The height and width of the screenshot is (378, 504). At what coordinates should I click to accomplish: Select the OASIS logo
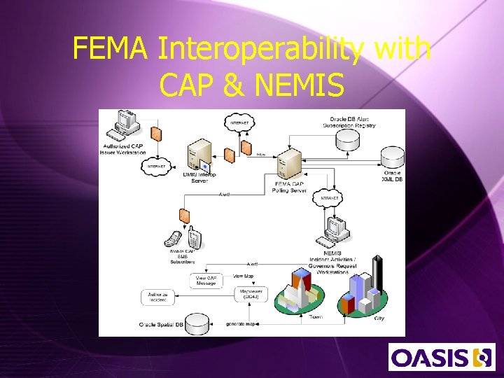pos(441,357)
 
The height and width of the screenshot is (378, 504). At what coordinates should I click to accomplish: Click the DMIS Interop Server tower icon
pos(198,156)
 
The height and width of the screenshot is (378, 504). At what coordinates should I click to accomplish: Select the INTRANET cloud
pos(329,198)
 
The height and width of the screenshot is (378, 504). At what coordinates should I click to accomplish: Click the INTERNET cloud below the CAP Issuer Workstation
pos(157,167)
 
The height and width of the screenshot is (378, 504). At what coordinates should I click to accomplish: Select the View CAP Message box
pos(206,281)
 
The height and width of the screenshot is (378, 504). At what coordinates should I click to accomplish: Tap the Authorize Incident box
pos(157,297)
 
